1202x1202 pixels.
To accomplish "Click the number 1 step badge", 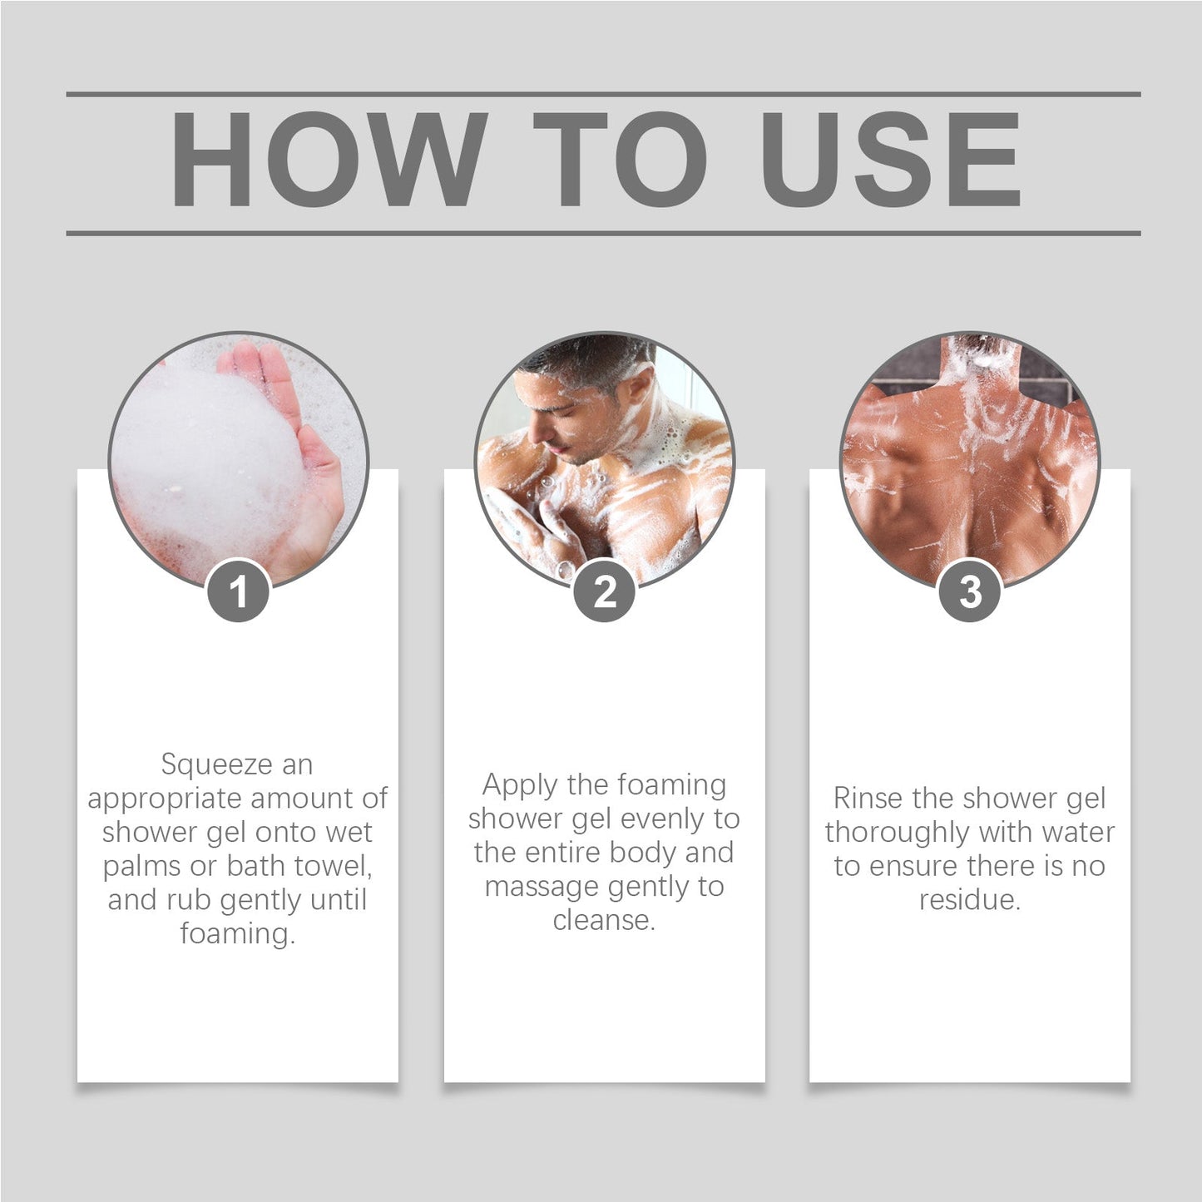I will click(x=239, y=591).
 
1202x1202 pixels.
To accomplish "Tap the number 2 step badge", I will click(x=605, y=591).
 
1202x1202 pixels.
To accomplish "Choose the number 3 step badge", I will click(x=970, y=591).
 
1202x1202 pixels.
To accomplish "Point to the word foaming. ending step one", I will click(x=238, y=933).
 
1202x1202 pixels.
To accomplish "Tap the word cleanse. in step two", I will click(x=604, y=920).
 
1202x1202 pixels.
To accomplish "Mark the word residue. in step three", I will click(x=970, y=900).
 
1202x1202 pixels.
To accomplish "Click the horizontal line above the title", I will click(x=603, y=95).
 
